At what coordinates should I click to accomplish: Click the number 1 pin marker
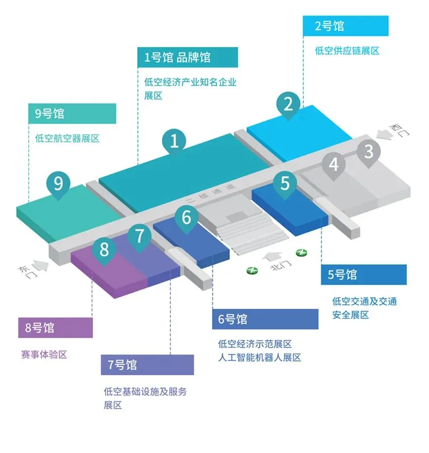[174, 141]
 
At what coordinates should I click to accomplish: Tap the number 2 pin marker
[288, 105]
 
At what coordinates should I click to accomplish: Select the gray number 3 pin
[369, 151]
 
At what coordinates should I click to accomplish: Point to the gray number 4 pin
[334, 164]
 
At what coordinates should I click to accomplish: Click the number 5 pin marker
[286, 183]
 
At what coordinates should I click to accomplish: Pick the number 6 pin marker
[187, 218]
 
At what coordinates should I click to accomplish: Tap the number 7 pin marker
[140, 236]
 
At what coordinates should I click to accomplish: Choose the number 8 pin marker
[104, 249]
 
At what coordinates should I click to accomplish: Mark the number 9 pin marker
[59, 183]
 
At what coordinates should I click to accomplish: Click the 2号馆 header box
[346, 26]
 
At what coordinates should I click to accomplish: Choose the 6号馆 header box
[265, 319]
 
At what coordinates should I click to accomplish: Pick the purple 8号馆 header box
[56, 328]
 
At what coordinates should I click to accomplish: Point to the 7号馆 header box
[147, 365]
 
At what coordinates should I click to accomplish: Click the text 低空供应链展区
[347, 51]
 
